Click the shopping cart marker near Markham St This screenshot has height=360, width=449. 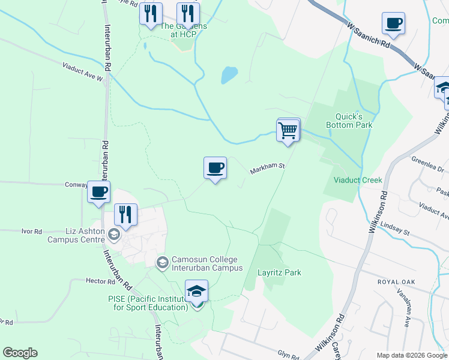pyautogui.click(x=288, y=129)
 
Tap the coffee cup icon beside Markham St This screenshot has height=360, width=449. pyautogui.click(x=215, y=168)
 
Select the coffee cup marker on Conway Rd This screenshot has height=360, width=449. pyautogui.click(x=98, y=192)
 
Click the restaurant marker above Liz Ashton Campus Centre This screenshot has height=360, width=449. pyautogui.click(x=125, y=215)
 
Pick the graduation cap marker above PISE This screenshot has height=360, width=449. pyautogui.click(x=196, y=292)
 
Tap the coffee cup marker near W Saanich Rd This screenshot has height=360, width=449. pyautogui.click(x=393, y=23)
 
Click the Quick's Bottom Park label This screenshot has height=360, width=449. pyautogui.click(x=349, y=121)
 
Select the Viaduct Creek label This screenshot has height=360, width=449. pyautogui.click(x=358, y=180)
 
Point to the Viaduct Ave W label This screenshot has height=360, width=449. pyautogui.click(x=83, y=72)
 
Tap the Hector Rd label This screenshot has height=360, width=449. pyautogui.click(x=100, y=281)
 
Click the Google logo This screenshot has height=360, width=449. pyautogui.click(x=20, y=353)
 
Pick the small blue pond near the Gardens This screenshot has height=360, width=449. pyautogui.click(x=229, y=75)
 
